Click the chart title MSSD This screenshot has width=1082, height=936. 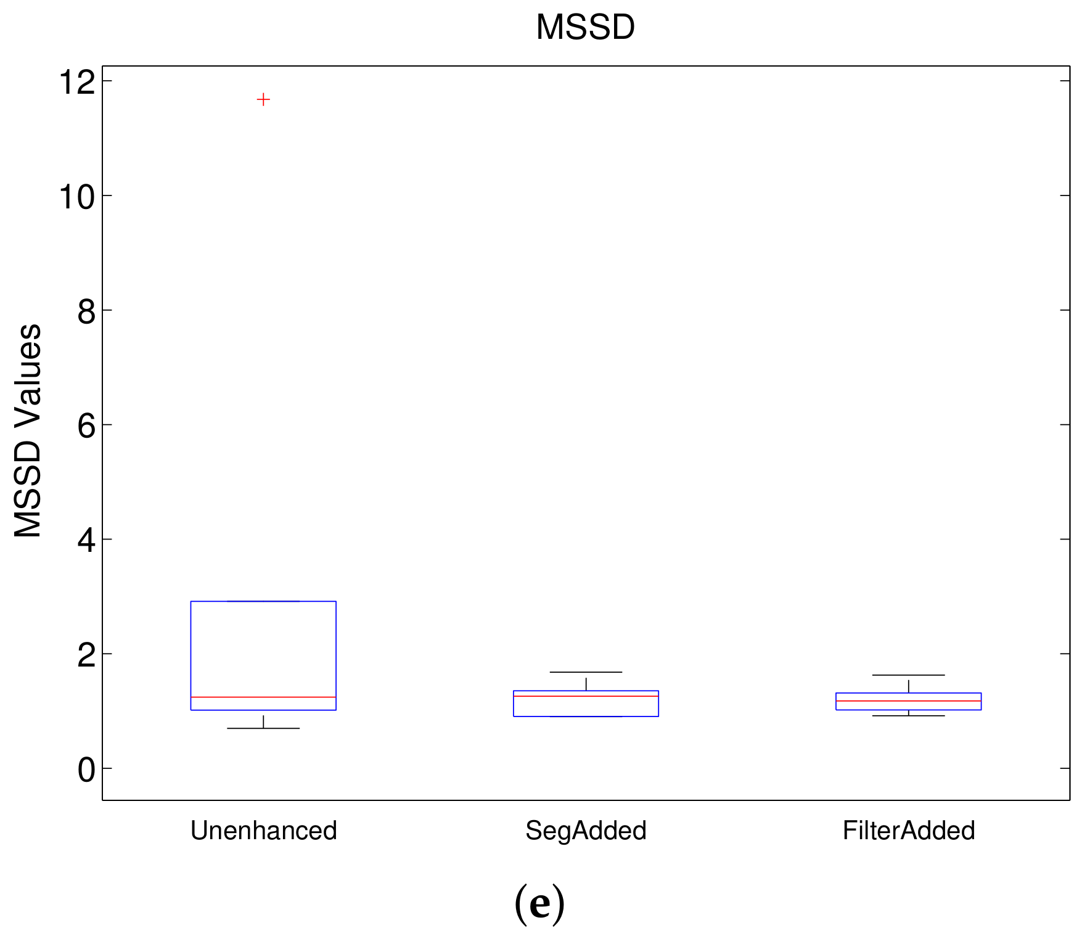coord(585,28)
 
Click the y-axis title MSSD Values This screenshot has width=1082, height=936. coord(28,430)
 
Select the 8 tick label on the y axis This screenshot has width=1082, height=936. coord(87,312)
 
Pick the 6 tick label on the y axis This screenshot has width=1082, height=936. coord(87,426)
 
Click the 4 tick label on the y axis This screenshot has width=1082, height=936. coord(87,541)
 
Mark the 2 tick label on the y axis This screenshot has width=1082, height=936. coord(87,655)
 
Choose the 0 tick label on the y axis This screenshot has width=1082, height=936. coord(87,770)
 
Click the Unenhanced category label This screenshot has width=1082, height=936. coord(263,831)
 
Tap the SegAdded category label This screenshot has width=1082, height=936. coord(586,831)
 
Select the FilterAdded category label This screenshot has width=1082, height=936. coord(909,831)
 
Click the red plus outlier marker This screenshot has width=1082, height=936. coord(263,99)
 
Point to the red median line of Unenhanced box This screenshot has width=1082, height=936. coord(263,697)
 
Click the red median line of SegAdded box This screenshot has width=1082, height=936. coord(586,696)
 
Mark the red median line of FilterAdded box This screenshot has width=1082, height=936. coord(909,701)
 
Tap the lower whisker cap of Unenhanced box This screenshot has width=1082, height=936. coord(263,728)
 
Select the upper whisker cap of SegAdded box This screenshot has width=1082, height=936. coord(586,672)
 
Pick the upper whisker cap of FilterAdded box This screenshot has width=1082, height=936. coord(909,675)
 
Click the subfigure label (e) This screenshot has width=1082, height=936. coord(539,903)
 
